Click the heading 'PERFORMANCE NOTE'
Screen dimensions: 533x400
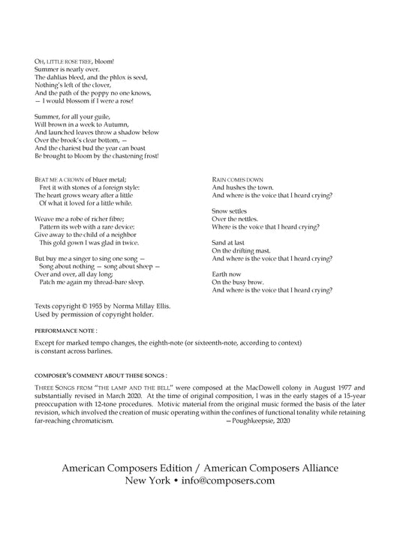pyautogui.click(x=65, y=329)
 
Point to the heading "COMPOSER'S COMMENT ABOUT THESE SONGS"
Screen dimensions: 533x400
pyautogui.click(x=101, y=373)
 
